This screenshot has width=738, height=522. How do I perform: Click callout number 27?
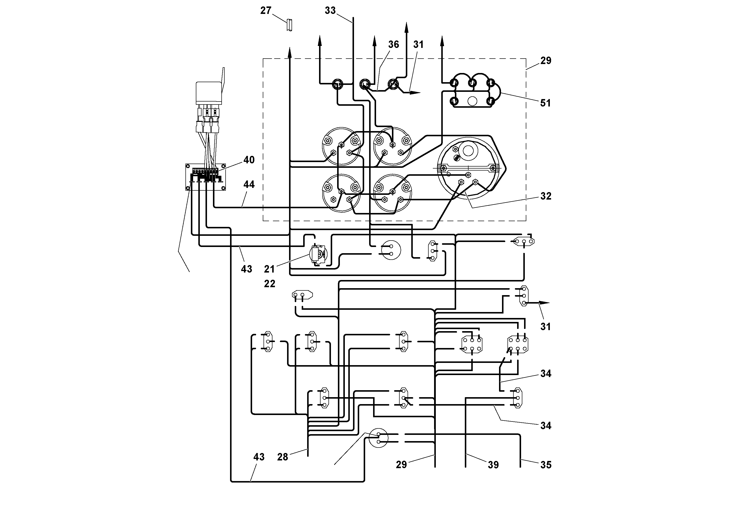pos(266,11)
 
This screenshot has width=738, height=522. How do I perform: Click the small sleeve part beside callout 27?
pos(289,25)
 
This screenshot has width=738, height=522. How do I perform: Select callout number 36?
pos(393,44)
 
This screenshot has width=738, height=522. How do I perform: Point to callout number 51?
pos(545,103)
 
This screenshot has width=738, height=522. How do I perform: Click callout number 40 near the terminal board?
pos(249,160)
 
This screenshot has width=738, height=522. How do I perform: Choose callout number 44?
pos(249,184)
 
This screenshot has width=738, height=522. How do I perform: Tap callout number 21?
pos(269,269)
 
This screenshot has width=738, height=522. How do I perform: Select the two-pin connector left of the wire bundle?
pos(302,295)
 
